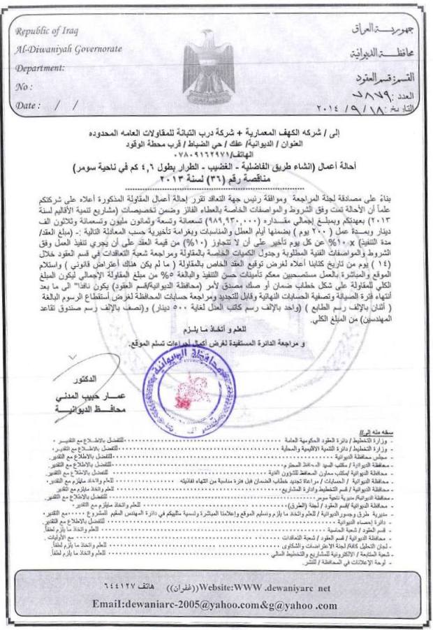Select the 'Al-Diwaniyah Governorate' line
[67, 50]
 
